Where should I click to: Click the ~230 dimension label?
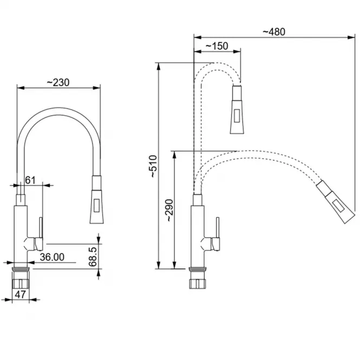click(x=58, y=83)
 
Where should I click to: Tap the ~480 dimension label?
click(x=274, y=32)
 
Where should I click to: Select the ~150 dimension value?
click(x=217, y=46)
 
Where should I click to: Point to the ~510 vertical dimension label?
click(x=154, y=166)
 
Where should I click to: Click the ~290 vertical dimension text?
click(x=169, y=210)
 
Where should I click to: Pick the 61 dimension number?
click(x=30, y=180)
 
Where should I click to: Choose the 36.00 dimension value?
click(x=52, y=257)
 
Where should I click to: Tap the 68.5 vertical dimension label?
click(x=93, y=257)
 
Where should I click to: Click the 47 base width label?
click(x=20, y=294)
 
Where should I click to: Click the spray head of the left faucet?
click(x=96, y=200)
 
